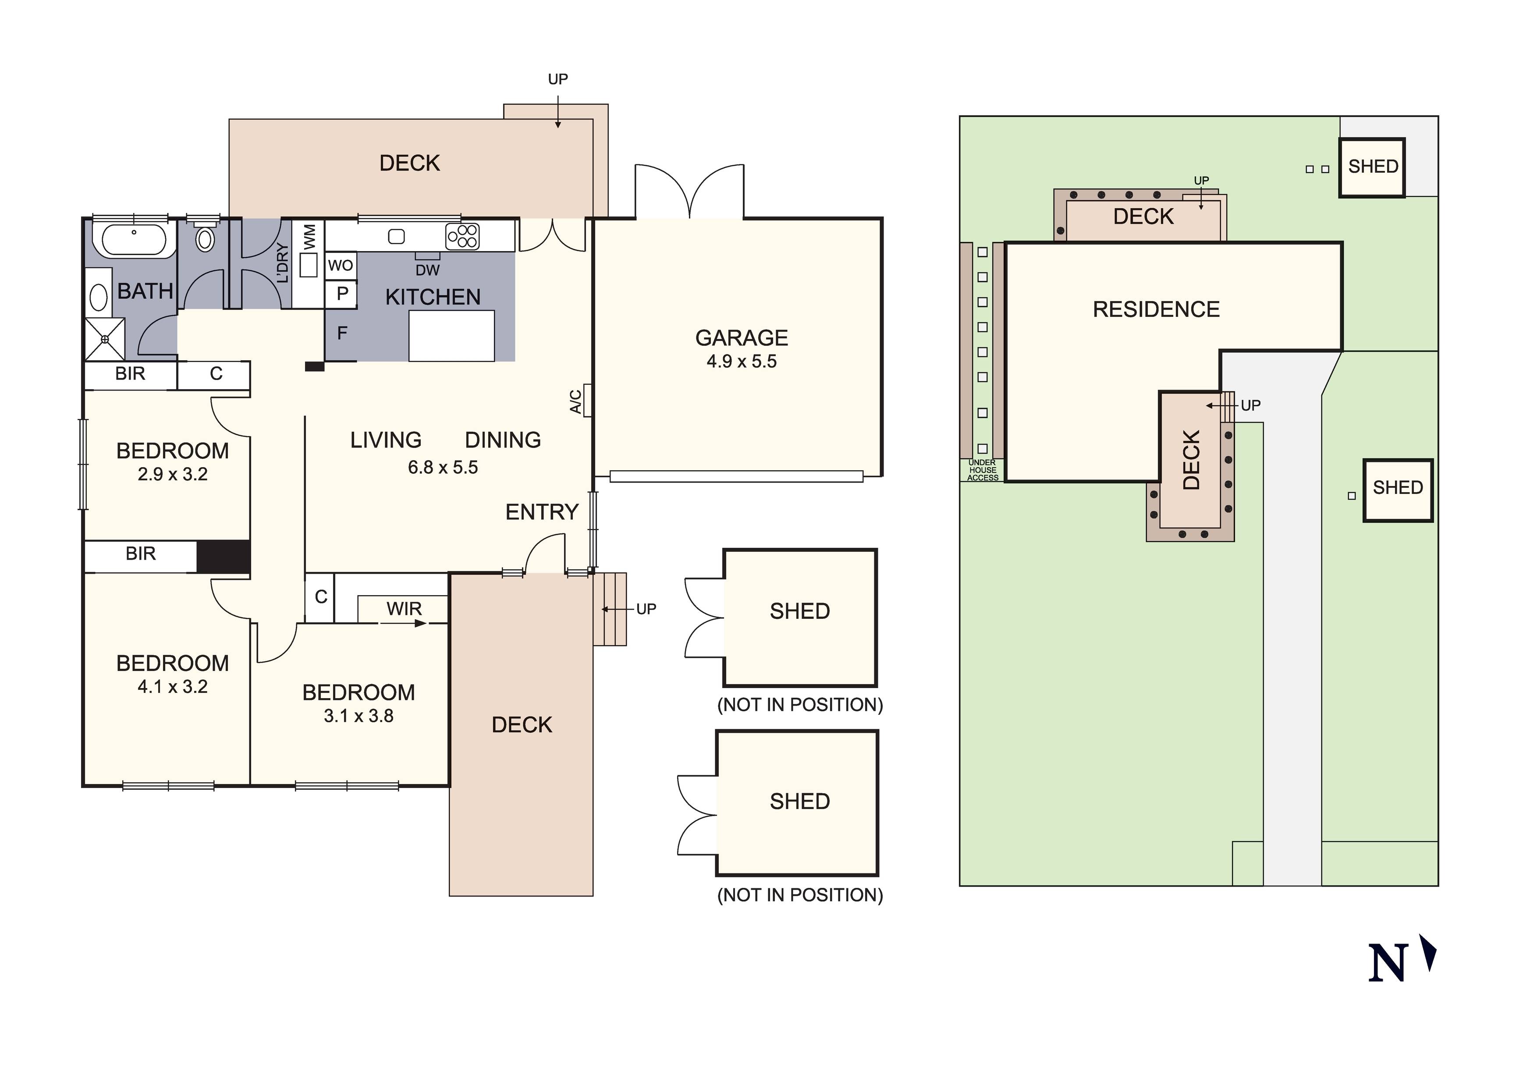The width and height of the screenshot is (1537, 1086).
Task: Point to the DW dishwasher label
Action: click(427, 270)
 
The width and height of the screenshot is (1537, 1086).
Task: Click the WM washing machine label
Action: click(309, 237)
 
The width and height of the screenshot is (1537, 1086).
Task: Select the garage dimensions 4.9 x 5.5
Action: click(741, 362)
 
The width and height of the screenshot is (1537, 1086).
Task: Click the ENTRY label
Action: click(542, 512)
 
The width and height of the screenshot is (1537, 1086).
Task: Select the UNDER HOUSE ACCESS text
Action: click(982, 470)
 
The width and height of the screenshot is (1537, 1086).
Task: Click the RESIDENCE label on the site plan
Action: click(1156, 309)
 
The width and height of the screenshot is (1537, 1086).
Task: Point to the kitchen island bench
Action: click(451, 335)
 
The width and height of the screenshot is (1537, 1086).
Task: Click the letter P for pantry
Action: click(342, 293)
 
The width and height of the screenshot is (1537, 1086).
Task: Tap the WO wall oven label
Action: click(340, 265)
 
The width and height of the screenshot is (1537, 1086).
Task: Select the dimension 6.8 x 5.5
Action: click(443, 467)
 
